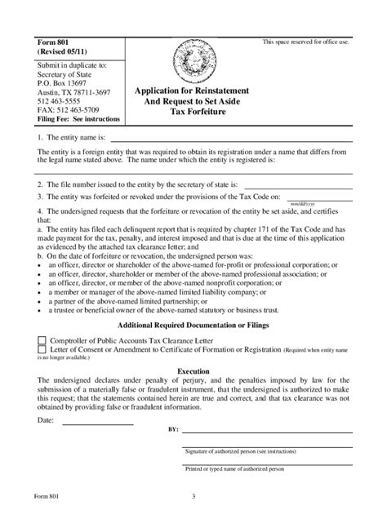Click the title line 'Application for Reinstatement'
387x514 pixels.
(x=193, y=92)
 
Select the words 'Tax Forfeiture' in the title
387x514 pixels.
(x=193, y=115)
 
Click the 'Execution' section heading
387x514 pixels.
(x=193, y=370)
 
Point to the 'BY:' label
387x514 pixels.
(x=173, y=428)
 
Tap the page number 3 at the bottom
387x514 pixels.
(x=193, y=498)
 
